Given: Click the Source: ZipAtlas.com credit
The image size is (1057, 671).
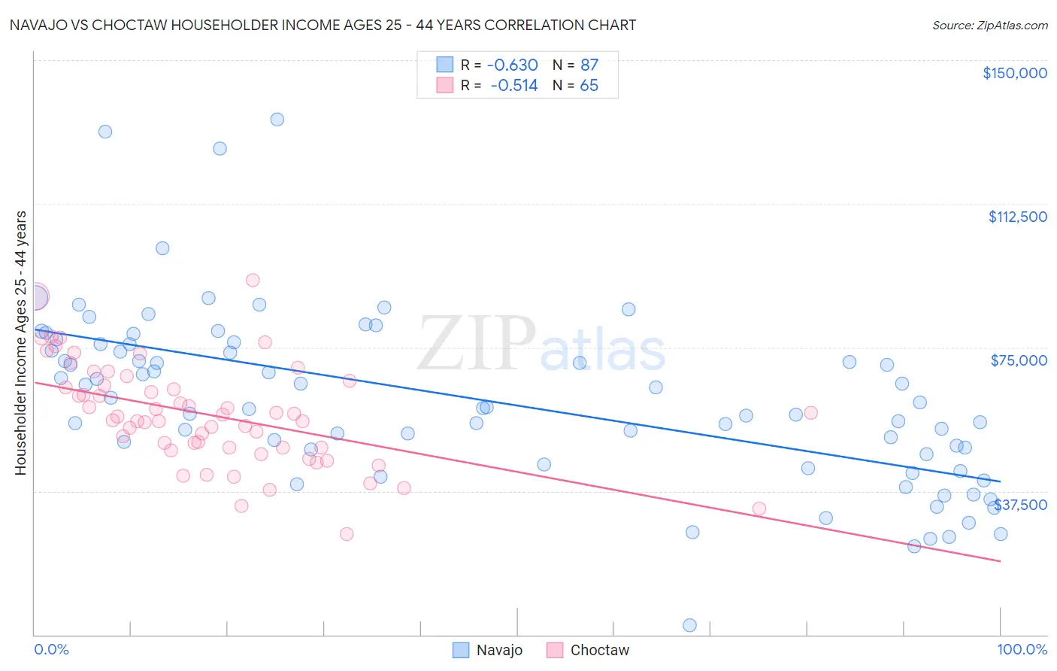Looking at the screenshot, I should [x=989, y=25].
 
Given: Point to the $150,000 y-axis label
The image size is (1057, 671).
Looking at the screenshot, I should [x=1014, y=73].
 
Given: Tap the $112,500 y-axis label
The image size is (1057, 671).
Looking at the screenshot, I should [x=1017, y=217].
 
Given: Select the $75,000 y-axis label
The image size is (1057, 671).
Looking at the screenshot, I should [x=1019, y=360].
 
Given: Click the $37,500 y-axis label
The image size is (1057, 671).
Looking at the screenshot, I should [x=1020, y=505].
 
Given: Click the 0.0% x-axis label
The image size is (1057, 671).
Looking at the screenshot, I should [x=51, y=649].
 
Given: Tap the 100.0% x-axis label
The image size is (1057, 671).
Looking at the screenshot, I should [x=1022, y=649].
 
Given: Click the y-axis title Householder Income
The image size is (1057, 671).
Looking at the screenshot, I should [x=20, y=343].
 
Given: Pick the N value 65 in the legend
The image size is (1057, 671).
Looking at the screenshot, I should [x=589, y=86].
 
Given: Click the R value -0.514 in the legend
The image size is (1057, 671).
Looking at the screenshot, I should [x=514, y=86].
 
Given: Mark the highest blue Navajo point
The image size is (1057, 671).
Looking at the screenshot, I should [x=277, y=120].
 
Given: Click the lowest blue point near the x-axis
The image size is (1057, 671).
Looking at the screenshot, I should [x=689, y=625].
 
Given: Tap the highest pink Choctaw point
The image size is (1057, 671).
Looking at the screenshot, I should [x=253, y=280].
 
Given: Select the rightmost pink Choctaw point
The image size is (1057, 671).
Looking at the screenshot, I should [x=810, y=412].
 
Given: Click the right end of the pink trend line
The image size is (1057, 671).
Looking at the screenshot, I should [x=1000, y=561].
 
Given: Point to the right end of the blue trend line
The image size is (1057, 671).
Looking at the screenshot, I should [x=1000, y=481].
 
